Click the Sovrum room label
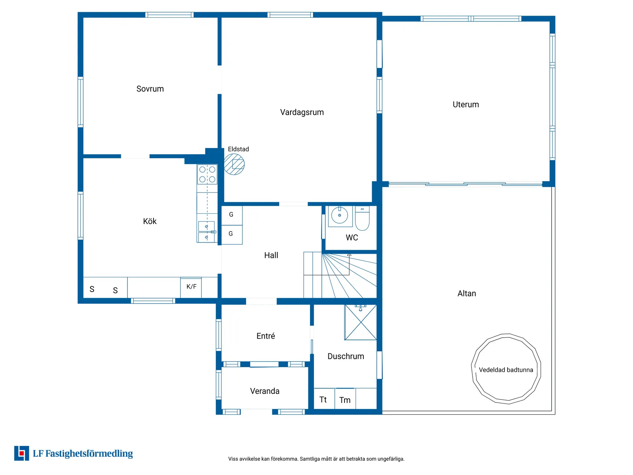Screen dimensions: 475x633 tap(150, 89)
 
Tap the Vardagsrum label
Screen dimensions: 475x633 tap(302, 112)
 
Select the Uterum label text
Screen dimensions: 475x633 tap(466, 105)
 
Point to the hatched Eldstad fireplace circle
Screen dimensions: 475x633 tap(234, 164)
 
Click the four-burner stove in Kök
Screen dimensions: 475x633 tap(207, 174)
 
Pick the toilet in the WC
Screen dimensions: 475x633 tap(362, 219)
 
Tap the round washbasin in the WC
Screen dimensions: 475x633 tap(340, 215)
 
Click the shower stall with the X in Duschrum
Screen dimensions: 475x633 tap(361, 322)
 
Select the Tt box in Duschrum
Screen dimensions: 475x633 tap(323, 399)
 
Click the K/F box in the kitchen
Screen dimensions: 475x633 tap(191, 287)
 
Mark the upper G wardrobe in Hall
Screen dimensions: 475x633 tap(231, 215)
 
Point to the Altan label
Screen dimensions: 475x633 tap(467, 294)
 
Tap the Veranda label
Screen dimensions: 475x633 tap(265, 391)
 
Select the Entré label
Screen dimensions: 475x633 tap(265, 336)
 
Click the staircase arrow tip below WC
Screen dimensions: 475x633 tap(349, 254)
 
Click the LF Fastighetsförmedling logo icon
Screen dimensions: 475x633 tap(21, 453)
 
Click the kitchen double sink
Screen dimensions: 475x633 tap(206, 232)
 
